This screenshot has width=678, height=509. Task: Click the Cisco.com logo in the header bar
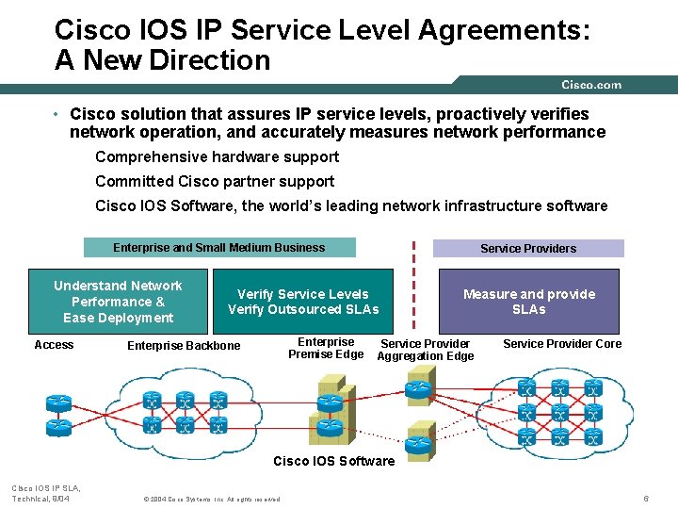[x=591, y=85]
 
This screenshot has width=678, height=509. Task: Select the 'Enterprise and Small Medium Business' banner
[x=219, y=248]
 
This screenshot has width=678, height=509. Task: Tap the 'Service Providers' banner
[x=527, y=249]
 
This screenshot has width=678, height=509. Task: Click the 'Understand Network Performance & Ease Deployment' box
[x=118, y=302]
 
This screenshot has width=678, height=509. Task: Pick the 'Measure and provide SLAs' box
[x=528, y=302]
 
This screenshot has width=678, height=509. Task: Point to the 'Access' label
[x=54, y=345]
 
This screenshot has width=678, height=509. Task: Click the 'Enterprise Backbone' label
[x=184, y=346]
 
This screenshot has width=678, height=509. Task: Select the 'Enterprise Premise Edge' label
[x=326, y=348]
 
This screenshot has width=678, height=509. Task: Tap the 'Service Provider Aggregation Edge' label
[x=425, y=350]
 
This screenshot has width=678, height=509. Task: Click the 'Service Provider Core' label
[x=562, y=344]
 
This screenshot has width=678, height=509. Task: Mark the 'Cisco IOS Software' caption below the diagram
[x=334, y=461]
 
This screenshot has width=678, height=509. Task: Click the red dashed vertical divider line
[x=412, y=283]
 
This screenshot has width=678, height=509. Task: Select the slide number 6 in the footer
[x=646, y=498]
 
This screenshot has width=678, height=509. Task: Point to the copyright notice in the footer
[x=210, y=499]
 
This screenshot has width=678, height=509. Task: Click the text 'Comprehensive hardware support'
[x=217, y=157]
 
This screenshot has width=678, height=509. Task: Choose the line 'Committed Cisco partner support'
[x=215, y=182]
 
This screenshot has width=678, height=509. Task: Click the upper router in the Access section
[x=58, y=402]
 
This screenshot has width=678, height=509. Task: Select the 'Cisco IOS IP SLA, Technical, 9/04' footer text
[x=45, y=493]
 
